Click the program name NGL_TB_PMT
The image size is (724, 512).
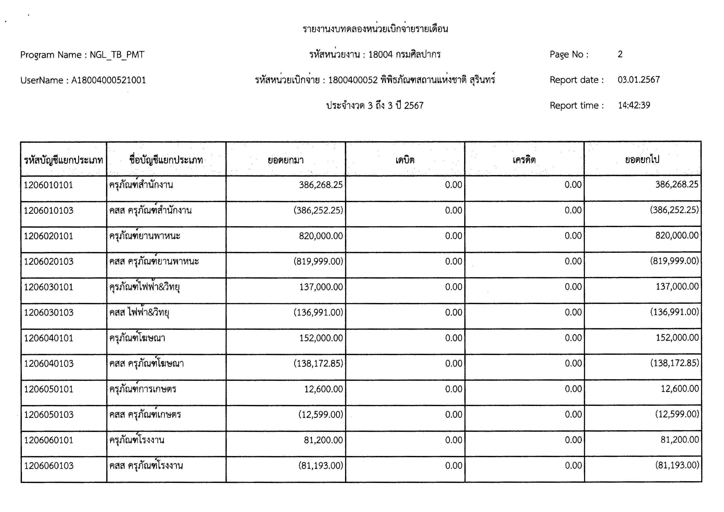coord(117,55)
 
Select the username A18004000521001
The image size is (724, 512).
coord(109,80)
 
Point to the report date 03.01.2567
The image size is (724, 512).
coord(639,80)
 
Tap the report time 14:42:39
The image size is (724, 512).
coord(634,105)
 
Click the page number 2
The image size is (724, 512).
coord(620,54)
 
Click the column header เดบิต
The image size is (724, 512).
coord(405,160)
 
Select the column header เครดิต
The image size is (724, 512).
coord(524,160)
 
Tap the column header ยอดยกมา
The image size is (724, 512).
coord(286,160)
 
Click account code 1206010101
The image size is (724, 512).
coord(48,185)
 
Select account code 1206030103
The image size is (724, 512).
coord(48,313)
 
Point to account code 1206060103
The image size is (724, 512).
coord(48,466)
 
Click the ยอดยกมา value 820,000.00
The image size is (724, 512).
coord(321,236)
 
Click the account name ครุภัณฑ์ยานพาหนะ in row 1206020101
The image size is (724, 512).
coord(145,236)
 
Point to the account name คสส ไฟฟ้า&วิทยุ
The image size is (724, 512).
coord(139,313)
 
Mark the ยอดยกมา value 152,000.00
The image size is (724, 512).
coord(321,338)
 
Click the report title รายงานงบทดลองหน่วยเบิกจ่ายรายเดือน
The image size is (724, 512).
coord(375,29)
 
